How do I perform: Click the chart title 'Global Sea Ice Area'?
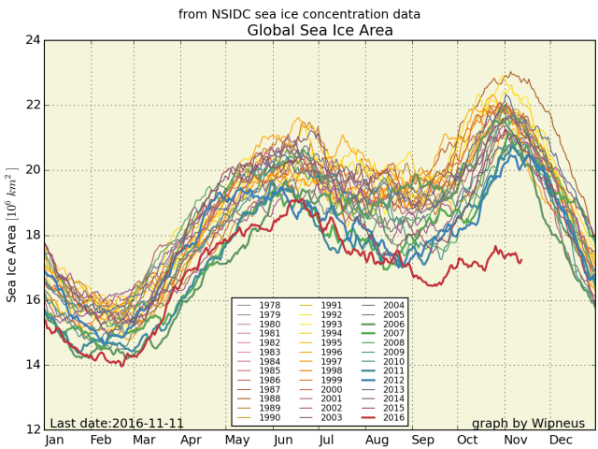pos(320,31)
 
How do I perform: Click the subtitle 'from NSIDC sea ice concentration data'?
pos(299,14)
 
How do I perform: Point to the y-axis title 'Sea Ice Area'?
pos(12,235)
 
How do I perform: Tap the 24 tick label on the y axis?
pos(32,40)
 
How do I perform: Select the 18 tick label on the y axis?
pos(32,235)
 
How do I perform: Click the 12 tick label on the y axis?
pos(32,429)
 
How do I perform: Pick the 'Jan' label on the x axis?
pos(53,439)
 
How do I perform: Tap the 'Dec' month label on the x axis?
pos(562,439)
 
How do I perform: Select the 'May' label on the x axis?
pos(236,439)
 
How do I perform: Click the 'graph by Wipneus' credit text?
pos(528,423)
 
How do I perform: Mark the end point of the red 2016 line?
pos(521,260)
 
